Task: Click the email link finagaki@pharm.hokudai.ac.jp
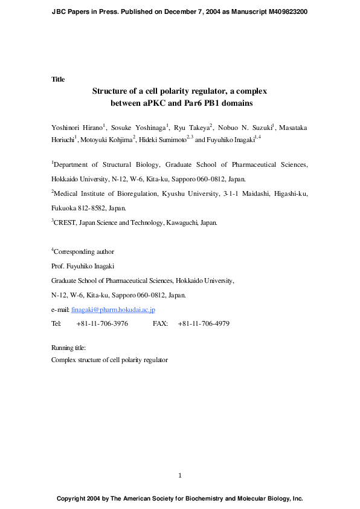pyautogui.click(x=113, y=310)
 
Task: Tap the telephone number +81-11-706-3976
pyautogui.click(x=102, y=323)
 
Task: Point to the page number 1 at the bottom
pyautogui.click(x=180, y=476)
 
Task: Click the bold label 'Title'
pyautogui.click(x=58, y=79)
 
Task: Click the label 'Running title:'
pyautogui.click(x=68, y=348)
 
